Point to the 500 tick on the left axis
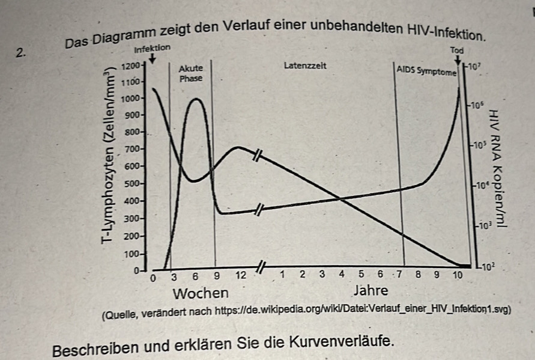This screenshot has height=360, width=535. pos(131,183)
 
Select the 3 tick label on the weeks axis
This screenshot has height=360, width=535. pos(174,276)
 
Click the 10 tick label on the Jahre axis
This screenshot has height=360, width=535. pos(458,275)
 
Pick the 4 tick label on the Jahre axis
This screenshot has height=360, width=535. pos(342,275)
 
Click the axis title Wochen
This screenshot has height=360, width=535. pos(201,293)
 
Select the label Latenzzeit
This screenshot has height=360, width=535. pos(305,65)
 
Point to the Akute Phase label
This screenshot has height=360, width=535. pos(191,73)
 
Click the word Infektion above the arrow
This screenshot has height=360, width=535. pos(153,47)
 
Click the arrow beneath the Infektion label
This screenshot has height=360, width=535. pos(153,58)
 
